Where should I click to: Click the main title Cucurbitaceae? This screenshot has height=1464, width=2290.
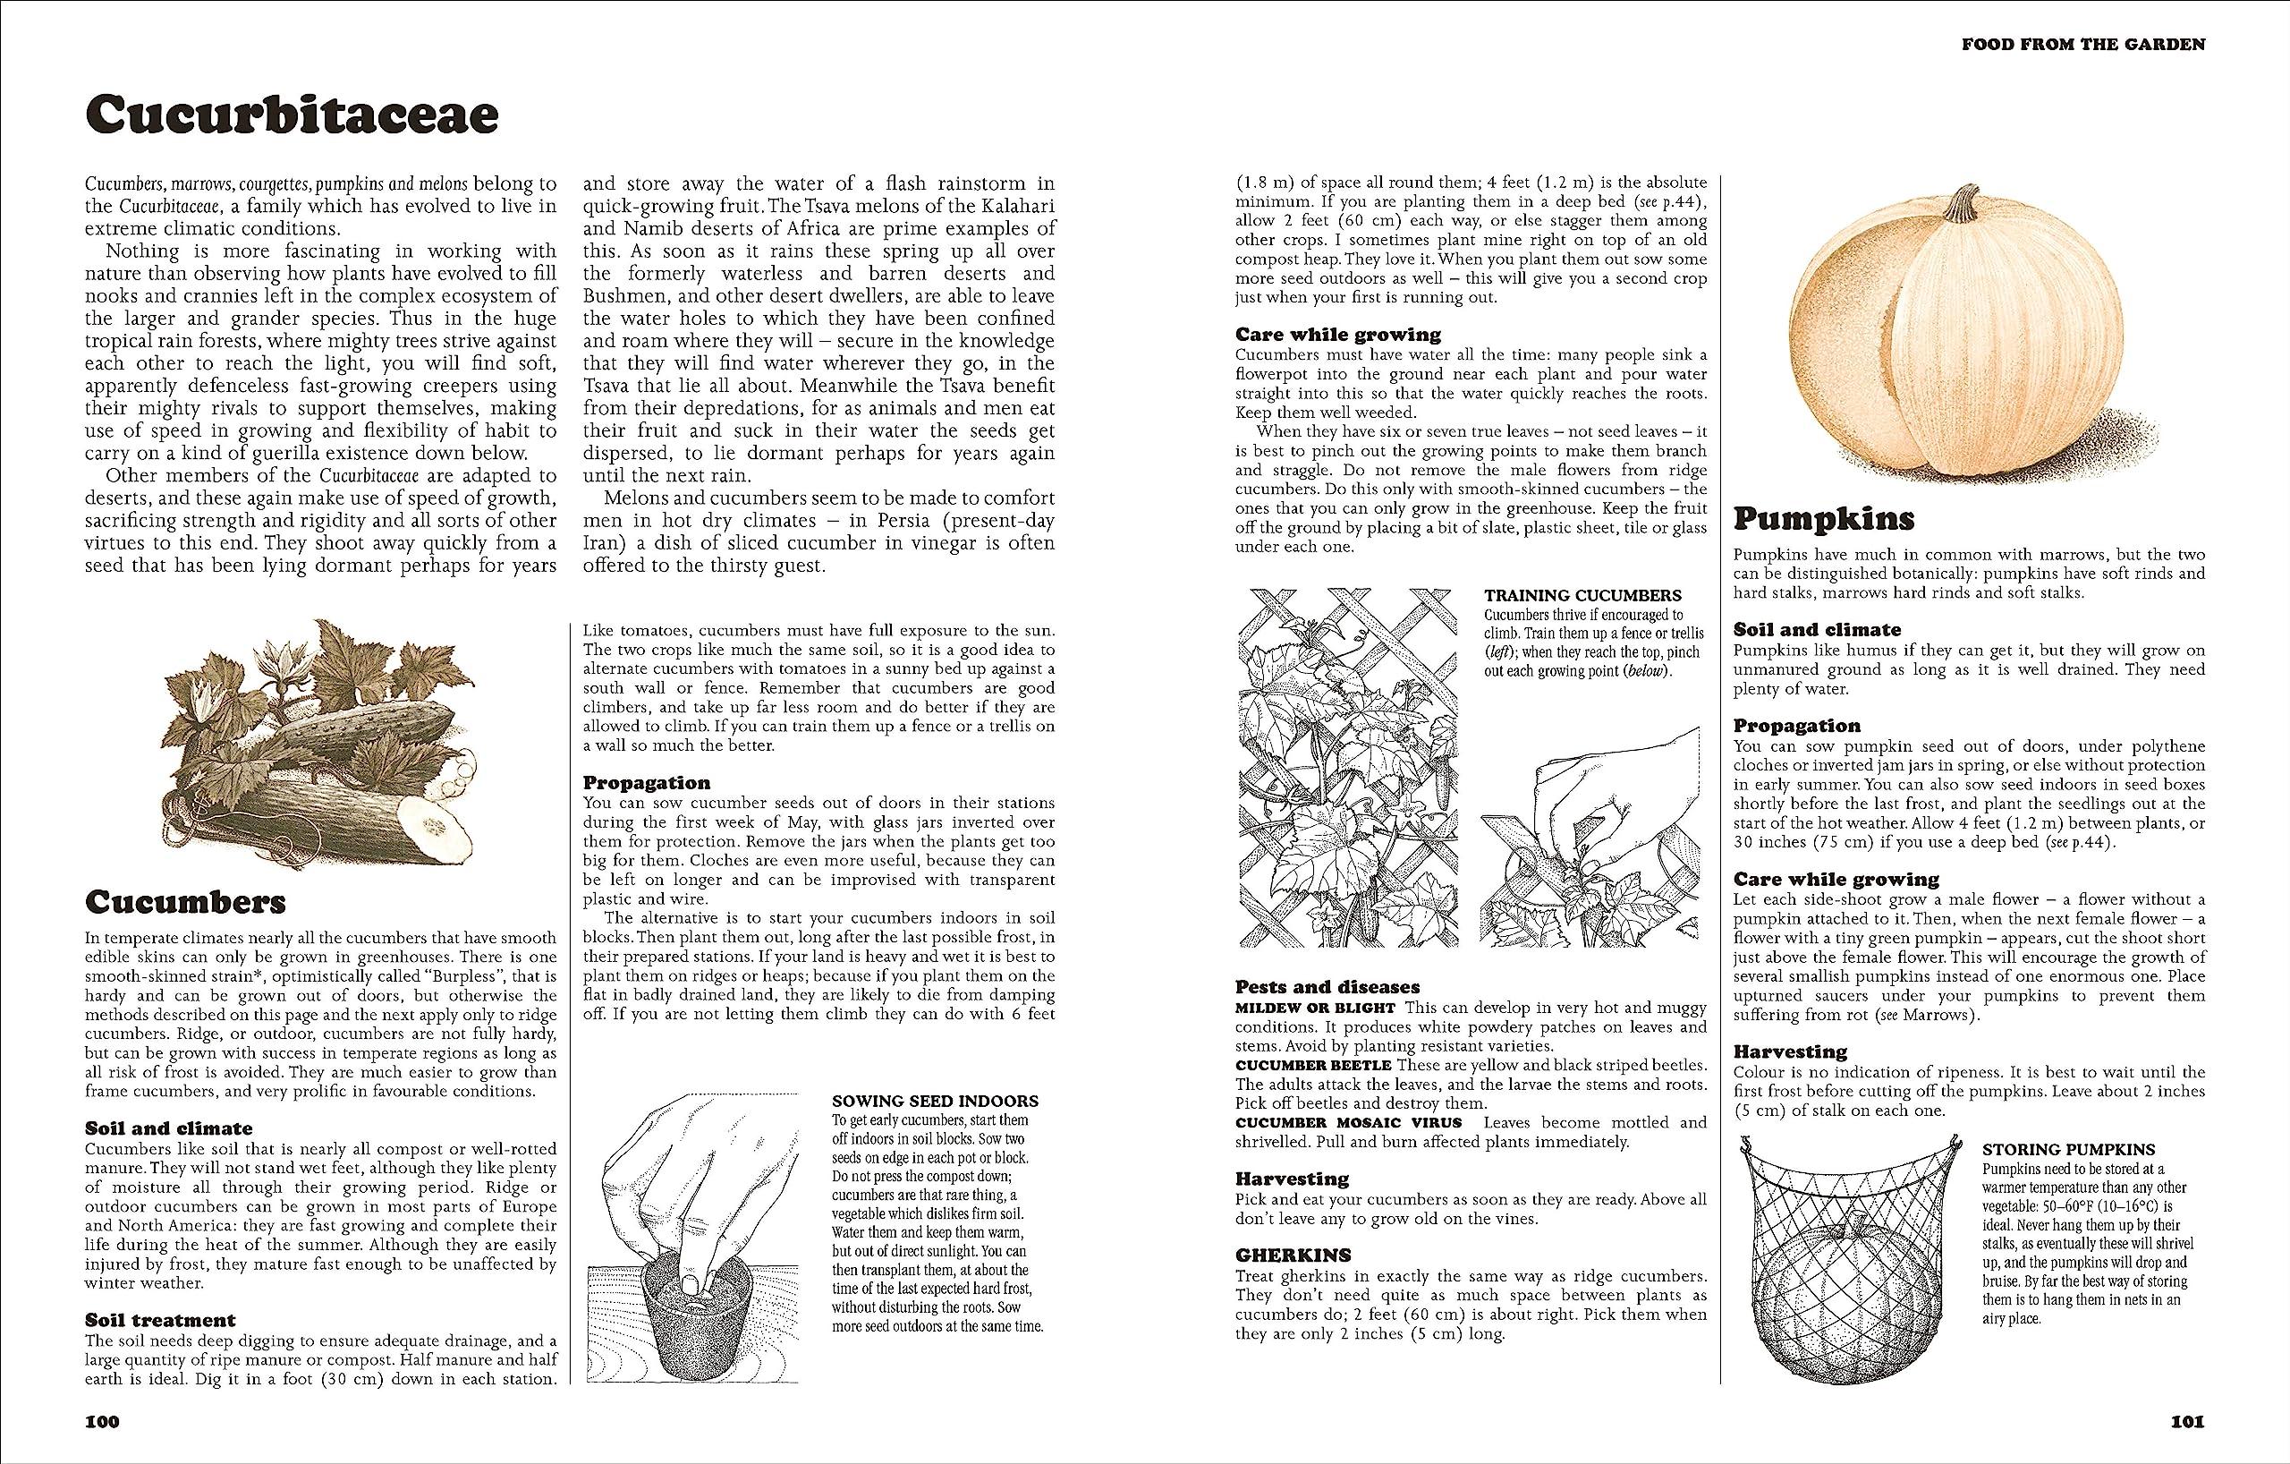[x=291, y=116]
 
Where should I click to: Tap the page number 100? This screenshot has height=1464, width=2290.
[x=103, y=1421]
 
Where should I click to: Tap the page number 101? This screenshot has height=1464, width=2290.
[x=2186, y=1423]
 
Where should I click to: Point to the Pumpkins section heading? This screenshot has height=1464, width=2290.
[x=1824, y=519]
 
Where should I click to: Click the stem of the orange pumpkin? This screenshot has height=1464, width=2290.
[x=1961, y=205]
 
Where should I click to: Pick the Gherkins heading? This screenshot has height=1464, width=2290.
[x=1293, y=1255]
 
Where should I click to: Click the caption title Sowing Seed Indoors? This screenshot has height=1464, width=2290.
[x=934, y=1102]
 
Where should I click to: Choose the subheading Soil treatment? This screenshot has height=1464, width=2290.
[x=161, y=1319]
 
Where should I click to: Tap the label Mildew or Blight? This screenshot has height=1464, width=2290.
[x=1314, y=1008]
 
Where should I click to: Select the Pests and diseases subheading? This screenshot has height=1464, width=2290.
[x=1327, y=986]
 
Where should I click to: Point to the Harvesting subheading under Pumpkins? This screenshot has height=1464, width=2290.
[x=1790, y=1051]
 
